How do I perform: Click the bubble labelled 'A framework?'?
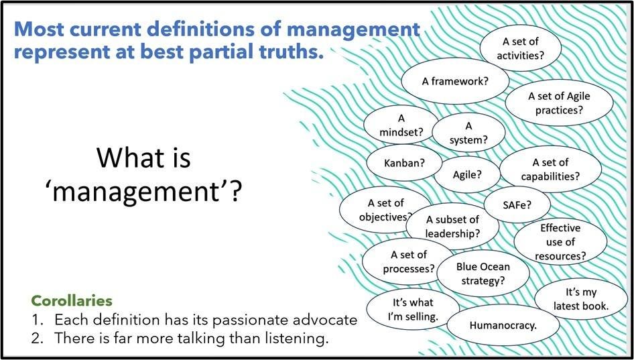click(x=455, y=81)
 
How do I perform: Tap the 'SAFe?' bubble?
click(x=517, y=204)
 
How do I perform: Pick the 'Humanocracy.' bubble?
click(x=503, y=325)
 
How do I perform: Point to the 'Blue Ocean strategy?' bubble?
click(x=483, y=274)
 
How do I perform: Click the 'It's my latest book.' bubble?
click(x=580, y=299)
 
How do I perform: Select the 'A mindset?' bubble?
click(x=401, y=125)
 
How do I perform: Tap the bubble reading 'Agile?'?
click(x=467, y=175)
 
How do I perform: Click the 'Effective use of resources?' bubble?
click(x=560, y=242)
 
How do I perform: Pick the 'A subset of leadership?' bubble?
click(x=452, y=226)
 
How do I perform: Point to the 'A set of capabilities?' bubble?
click(x=550, y=170)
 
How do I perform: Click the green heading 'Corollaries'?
click(x=72, y=301)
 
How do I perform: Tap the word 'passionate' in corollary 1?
click(x=253, y=320)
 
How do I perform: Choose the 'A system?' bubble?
click(x=468, y=133)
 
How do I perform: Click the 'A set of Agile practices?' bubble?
click(x=559, y=103)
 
